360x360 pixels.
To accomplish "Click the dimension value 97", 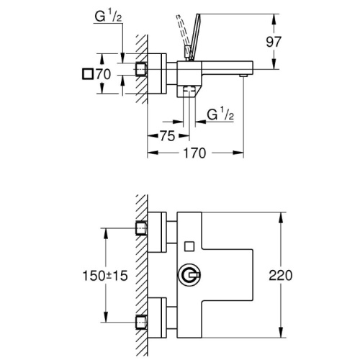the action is click(x=274, y=42).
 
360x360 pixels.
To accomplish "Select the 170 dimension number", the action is click(x=194, y=153).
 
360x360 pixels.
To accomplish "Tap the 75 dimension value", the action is click(x=168, y=136).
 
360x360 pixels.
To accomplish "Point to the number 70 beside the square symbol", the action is click(x=104, y=74).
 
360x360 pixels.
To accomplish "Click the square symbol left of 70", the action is click(x=88, y=74).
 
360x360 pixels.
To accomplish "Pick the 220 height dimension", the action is click(x=281, y=275).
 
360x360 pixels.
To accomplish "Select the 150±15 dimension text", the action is click(x=105, y=276).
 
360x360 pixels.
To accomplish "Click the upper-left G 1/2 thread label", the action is click(x=108, y=17).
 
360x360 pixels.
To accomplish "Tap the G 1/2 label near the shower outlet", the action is click(x=220, y=114).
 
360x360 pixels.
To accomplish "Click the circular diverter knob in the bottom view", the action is click(x=189, y=275).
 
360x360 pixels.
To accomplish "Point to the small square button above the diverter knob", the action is click(x=189, y=246).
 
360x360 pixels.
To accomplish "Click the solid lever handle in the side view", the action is click(x=194, y=37).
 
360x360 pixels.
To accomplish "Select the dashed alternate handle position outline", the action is click(x=182, y=36).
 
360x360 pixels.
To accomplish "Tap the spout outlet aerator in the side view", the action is click(x=243, y=76).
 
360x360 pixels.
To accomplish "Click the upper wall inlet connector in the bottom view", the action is click(x=141, y=228).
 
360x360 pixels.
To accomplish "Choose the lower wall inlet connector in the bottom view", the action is click(x=141, y=323).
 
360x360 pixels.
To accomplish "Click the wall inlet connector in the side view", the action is click(x=141, y=69).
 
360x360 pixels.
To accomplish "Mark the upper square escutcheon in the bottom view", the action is click(x=157, y=232).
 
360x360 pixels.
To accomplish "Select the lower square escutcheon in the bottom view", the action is click(x=157, y=318).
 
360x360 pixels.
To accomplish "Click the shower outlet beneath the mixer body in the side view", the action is click(x=189, y=91).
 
